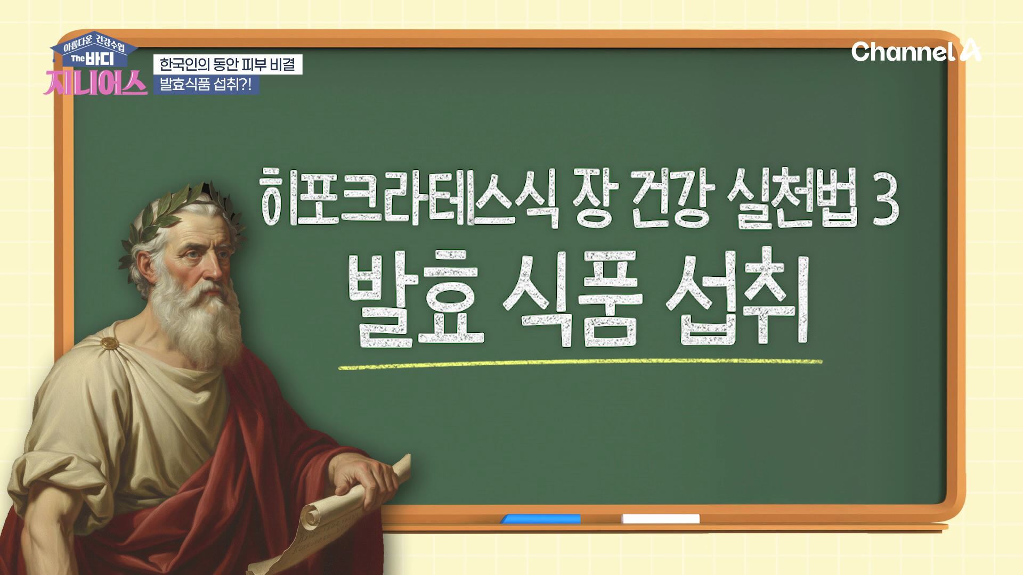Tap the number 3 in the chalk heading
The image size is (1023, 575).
(883, 201)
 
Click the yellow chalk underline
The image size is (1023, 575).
(580, 364)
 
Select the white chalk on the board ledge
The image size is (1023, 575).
(661, 519)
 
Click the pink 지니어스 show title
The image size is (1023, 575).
(96, 83)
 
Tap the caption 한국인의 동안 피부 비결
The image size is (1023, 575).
(228, 64)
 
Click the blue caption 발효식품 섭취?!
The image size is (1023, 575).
(206, 85)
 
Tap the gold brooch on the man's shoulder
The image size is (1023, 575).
(110, 343)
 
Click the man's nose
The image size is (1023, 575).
(214, 269)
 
